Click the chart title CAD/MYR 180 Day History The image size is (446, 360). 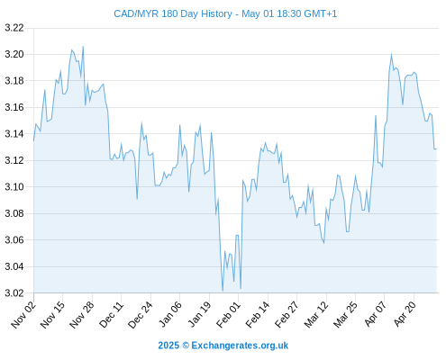pyautogui.click(x=173, y=13)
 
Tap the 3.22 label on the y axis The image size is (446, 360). pyautogui.click(x=14, y=28)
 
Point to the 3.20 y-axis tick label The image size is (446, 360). pyautogui.click(x=14, y=54)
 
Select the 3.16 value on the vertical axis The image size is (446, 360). pyautogui.click(x=14, y=107)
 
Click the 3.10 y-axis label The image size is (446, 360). pyautogui.click(x=14, y=186)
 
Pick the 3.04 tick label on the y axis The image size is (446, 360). pyautogui.click(x=14, y=266)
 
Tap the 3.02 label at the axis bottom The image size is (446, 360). pyautogui.click(x=14, y=292)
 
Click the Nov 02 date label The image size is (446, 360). pyautogui.click(x=23, y=315)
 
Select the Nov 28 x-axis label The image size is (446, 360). pyautogui.click(x=82, y=315)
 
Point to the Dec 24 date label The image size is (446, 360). pyautogui.click(x=141, y=315)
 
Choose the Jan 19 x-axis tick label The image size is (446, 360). pyautogui.click(x=199, y=315)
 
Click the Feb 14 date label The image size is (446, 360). pyautogui.click(x=258, y=315)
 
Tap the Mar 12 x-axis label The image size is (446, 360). pyautogui.click(x=316, y=315)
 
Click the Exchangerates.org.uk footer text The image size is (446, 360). pyautogui.click(x=240, y=346)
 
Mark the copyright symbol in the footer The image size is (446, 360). pyautogui.click(x=186, y=346)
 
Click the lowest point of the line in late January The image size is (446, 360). pyautogui.click(x=223, y=291)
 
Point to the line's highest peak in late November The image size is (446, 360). pyautogui.click(x=83, y=47)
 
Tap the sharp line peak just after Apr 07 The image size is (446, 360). pyautogui.click(x=391, y=54)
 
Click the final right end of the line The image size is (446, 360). pyautogui.click(x=436, y=149)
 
